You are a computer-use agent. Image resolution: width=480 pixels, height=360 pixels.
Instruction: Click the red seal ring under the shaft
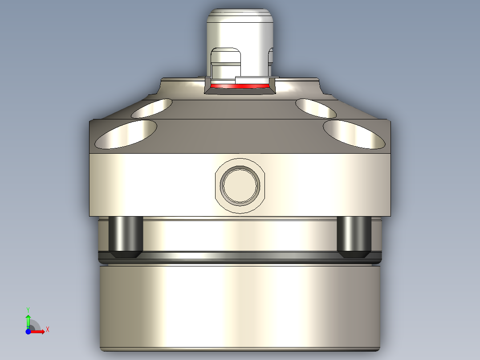[240, 85]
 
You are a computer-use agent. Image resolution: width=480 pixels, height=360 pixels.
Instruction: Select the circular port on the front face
[241, 185]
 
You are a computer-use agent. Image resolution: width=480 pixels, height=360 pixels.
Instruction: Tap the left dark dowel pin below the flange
[126, 237]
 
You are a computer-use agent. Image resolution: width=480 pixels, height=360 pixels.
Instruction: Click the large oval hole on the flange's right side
[354, 135]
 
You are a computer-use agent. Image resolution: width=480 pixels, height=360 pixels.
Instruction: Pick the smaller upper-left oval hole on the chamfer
[152, 108]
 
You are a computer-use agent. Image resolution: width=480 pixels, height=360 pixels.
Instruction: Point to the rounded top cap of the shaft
[240, 18]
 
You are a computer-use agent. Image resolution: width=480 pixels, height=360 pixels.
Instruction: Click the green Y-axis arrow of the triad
[28, 320]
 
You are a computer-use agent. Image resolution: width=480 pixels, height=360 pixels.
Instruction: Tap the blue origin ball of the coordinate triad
[28, 331]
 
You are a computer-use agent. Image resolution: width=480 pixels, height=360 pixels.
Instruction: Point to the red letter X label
[48, 329]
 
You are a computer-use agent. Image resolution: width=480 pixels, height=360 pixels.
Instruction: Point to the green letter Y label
[28, 309]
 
